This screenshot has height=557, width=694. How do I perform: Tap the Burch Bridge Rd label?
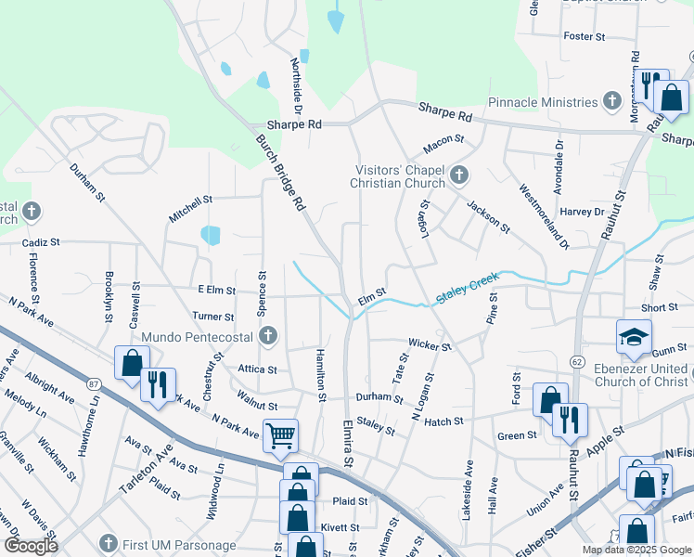[280, 174]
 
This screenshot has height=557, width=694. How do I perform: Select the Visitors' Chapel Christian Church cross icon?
[458, 175]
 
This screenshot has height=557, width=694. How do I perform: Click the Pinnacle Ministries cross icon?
[611, 101]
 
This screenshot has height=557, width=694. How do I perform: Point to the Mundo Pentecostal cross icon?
[268, 336]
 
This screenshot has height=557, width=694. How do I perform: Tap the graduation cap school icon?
[634, 336]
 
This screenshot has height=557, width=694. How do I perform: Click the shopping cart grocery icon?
[280, 434]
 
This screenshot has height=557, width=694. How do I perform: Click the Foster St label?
[585, 36]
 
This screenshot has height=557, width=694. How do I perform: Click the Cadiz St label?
[41, 241]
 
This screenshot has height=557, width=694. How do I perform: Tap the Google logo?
[32, 546]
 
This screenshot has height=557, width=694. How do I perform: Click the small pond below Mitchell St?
[211, 235]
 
